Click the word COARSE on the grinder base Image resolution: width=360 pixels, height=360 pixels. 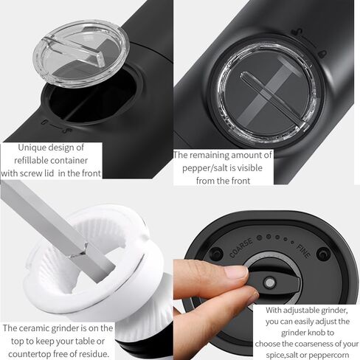pos(241,248)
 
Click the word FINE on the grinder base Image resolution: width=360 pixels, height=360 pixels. pos(303,251)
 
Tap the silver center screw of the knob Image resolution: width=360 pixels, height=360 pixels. pos(270,283)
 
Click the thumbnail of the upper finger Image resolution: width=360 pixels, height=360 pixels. pos(236,272)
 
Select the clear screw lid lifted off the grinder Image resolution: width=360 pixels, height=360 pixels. pos(80,54)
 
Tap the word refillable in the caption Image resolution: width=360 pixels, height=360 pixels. pos(32,161)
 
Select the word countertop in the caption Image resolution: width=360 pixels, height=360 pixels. pos(30,354)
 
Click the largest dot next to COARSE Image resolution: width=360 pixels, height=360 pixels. pos(259,238)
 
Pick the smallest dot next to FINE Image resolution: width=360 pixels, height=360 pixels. pos(292,243)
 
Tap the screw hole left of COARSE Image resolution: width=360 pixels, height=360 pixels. pos(217,254)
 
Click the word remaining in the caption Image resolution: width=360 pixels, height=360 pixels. pos(205,156)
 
